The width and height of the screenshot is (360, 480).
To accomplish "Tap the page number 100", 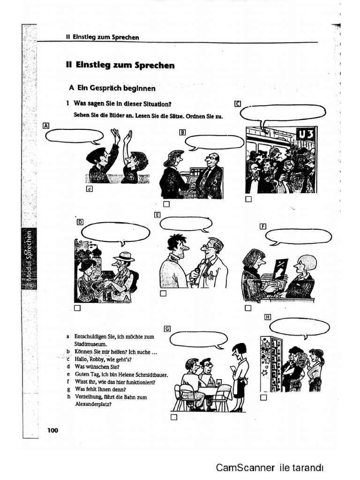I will click(52, 430).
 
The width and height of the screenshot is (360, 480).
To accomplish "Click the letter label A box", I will click(45, 125).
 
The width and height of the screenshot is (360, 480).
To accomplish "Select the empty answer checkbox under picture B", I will click(166, 204).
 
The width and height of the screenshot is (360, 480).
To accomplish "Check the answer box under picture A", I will click(90, 189).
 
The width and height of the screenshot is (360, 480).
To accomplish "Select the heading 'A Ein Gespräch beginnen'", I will click(112, 88).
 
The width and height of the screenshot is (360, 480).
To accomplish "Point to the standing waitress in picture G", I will click(240, 375).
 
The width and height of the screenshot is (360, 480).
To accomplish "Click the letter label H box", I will click(268, 316).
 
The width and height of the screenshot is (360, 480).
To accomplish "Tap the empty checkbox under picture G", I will click(174, 417).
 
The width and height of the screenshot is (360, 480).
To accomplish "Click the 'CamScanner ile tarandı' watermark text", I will click(270, 467).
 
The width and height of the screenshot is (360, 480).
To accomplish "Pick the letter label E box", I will click(157, 215).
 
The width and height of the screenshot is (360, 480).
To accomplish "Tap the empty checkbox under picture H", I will click(263, 397).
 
